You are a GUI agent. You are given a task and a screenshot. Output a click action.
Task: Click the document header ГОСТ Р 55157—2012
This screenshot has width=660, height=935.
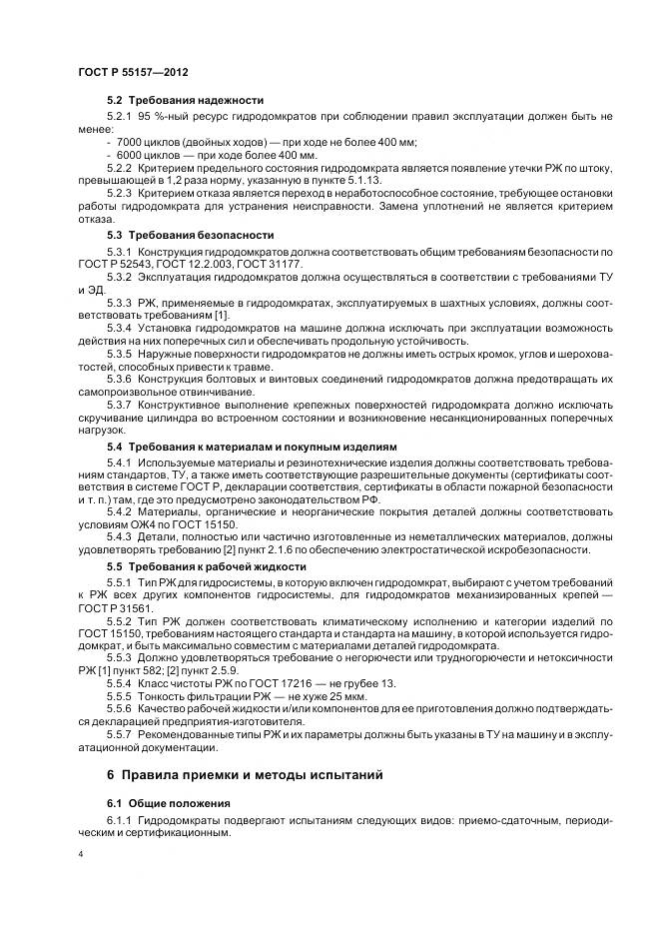click(133, 74)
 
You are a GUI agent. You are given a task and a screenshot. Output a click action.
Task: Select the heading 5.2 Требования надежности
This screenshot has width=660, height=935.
click(185, 100)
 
